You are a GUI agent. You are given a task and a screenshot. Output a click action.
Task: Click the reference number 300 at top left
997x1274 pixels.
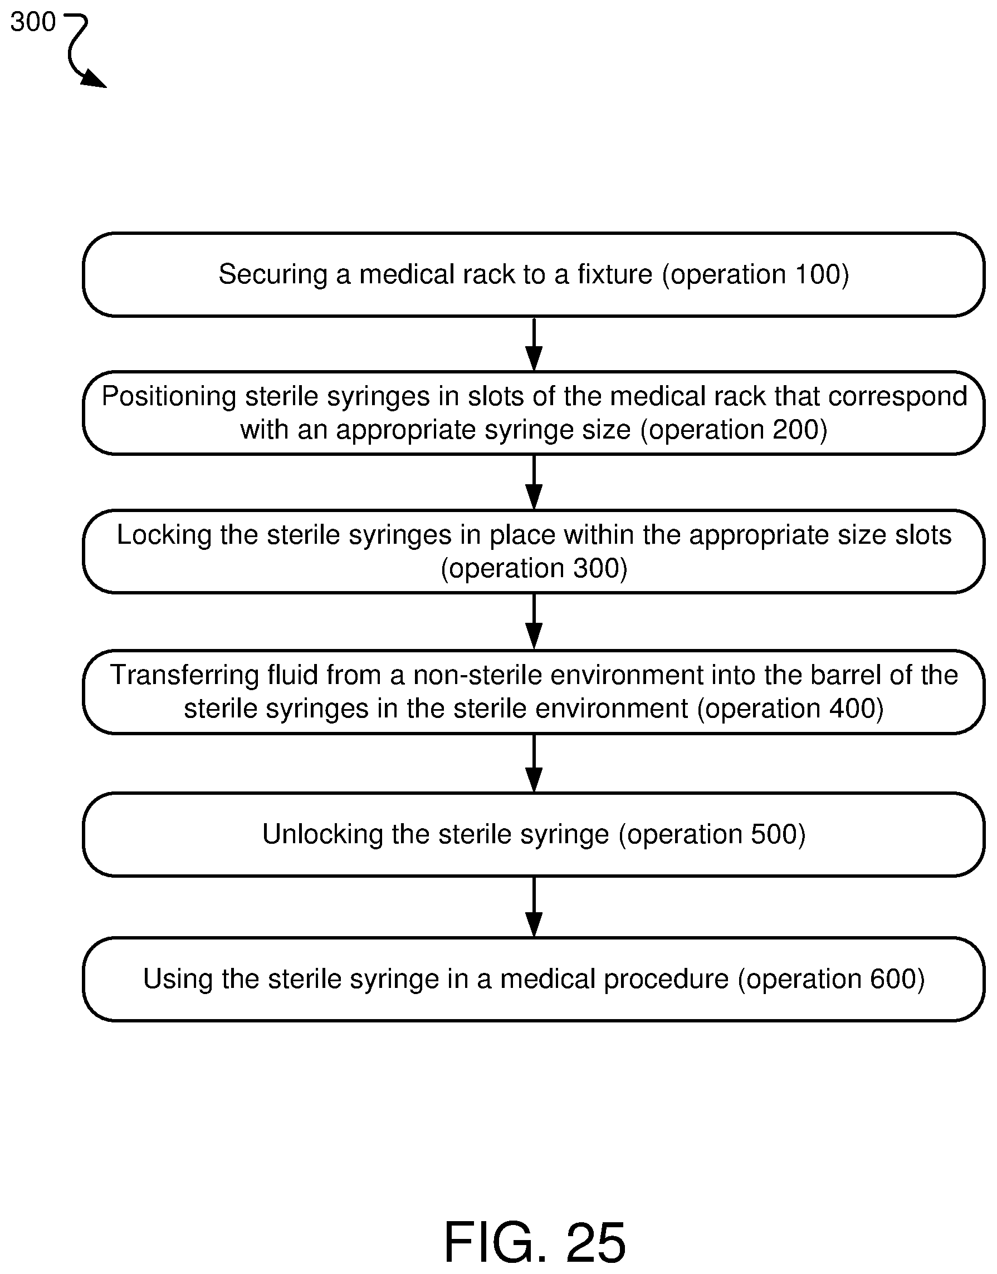33,22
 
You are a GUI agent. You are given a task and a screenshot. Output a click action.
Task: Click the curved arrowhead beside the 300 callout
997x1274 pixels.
94,78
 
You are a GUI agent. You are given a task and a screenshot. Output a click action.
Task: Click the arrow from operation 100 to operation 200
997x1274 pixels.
534,344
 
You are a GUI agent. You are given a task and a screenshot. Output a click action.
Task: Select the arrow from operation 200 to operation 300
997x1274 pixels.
534,483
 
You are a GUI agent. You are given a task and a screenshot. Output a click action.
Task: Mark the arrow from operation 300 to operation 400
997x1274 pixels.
534,622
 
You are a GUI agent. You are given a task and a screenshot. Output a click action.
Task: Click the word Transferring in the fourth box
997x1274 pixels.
185,675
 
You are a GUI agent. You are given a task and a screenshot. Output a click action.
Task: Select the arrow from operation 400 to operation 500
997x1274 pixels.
534,764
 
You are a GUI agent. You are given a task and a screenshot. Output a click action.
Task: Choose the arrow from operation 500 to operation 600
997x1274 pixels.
534,907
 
